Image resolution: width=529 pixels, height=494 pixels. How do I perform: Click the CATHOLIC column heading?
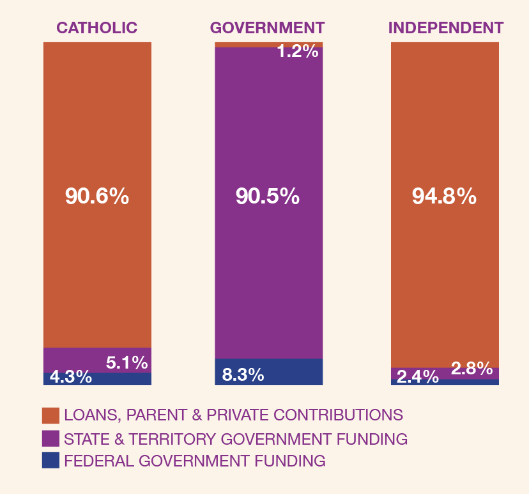coord(97,28)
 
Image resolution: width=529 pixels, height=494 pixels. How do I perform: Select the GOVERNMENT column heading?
coord(268,28)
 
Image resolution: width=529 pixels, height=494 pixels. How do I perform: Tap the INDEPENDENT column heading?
coord(446,28)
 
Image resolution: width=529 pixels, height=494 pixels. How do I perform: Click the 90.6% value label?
coord(97,196)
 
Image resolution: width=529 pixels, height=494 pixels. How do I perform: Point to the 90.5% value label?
coord(268,196)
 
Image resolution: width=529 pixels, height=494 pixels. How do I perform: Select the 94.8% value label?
coord(444,196)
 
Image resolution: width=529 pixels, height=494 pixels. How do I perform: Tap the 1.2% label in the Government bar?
coord(297,52)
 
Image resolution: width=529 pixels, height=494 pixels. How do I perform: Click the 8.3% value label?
coord(243,374)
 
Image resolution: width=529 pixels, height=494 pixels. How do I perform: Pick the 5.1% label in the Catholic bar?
coord(127,363)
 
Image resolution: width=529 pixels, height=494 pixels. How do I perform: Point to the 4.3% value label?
coord(70,378)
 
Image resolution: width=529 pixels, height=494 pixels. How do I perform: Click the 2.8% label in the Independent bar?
coord(471,369)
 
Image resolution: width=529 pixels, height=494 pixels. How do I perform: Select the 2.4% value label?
coord(418,378)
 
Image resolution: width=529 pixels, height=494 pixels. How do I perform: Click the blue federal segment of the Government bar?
coord(294,372)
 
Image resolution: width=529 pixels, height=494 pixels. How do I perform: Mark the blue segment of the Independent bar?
coord(473,382)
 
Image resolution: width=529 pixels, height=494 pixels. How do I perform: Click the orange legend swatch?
coord(50,415)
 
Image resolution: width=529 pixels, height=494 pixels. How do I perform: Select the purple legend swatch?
coord(50,438)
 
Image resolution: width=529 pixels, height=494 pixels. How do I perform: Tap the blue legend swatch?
coord(50,461)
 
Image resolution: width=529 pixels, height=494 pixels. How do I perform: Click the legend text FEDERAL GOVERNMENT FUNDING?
coord(195,461)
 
